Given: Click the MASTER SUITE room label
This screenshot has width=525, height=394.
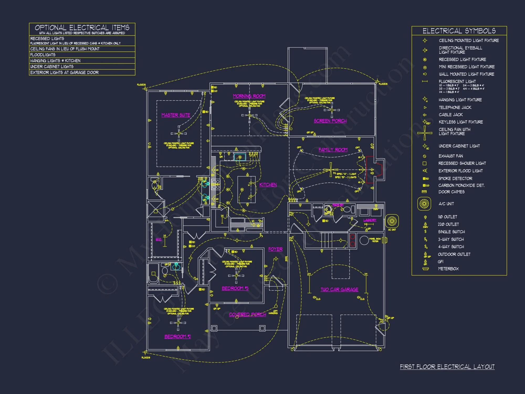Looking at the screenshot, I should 176,115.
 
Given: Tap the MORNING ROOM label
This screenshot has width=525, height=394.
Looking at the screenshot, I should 249,96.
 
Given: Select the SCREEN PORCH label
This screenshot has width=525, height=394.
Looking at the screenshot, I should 330,121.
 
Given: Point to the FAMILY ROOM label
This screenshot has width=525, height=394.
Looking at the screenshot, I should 333,150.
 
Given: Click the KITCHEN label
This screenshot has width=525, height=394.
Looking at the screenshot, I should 268,185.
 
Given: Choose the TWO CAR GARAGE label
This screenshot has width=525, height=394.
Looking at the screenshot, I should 339,289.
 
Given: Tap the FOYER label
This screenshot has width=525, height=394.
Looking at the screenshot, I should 275,249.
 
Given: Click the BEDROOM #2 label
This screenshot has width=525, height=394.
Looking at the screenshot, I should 177,336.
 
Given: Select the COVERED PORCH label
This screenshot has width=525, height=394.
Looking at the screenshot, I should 247,314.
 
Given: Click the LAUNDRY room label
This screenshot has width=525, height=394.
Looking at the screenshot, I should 370,220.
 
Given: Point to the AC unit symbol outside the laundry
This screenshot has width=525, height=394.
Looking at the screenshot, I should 392,221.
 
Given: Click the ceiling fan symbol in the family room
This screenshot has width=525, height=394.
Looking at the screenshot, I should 330,170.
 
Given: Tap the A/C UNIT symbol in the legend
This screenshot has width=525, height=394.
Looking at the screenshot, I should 424,204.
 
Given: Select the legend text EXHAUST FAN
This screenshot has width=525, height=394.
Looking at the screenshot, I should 450,156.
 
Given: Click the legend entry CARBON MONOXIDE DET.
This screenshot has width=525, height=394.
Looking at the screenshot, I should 461,185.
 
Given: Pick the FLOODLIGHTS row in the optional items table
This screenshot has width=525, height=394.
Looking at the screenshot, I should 43,55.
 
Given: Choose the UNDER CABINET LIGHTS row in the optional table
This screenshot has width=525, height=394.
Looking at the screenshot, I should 52,67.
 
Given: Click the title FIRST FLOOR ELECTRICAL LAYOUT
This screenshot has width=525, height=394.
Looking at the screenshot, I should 447,367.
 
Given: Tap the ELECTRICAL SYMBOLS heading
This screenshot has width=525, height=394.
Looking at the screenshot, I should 459,31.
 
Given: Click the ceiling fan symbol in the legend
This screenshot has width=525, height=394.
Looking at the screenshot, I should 425,133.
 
